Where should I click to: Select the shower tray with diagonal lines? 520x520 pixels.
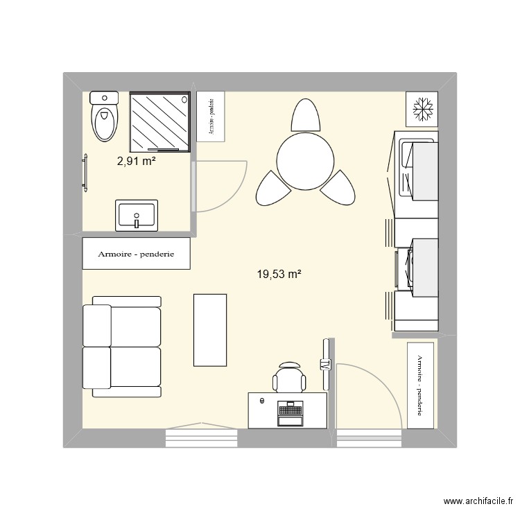pos(160,121)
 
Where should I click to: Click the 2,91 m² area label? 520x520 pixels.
pos(136,162)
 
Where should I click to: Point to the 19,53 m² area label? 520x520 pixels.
pos(279,275)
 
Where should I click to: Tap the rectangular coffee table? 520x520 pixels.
pos(210,329)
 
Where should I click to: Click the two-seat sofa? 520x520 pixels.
pos(122,347)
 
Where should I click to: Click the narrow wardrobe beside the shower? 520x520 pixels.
pos(211,116)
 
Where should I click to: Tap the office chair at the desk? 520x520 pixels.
pos(289,378)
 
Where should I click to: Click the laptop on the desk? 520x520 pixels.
pos(290,413)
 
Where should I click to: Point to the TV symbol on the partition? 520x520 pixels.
pos(324,365)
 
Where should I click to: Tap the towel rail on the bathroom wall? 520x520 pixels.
pos(86,173)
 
